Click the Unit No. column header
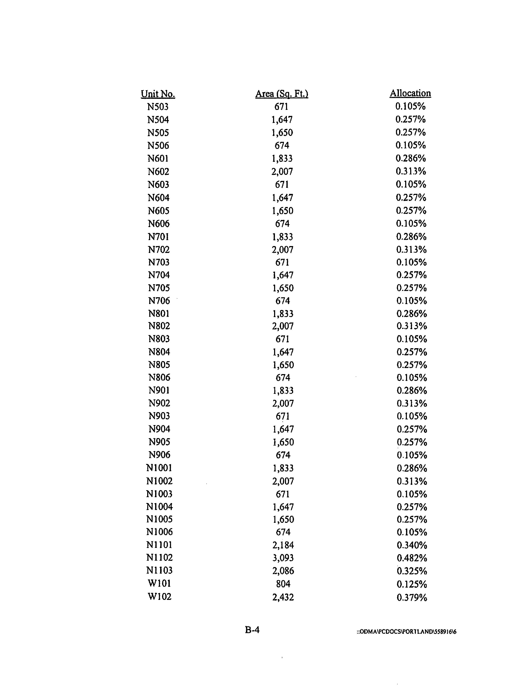click(158, 94)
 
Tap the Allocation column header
click(410, 93)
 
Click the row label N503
click(158, 107)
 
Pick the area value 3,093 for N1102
click(283, 558)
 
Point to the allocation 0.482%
click(412, 558)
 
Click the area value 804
click(283, 584)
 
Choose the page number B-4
click(252, 630)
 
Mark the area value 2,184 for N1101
click(283, 545)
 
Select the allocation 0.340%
click(412, 545)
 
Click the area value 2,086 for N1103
click(283, 571)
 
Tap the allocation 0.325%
click(412, 571)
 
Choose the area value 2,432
click(283, 597)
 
